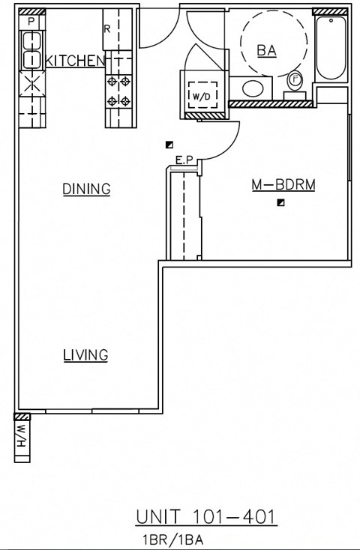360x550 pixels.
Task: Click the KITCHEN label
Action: pos(73,61)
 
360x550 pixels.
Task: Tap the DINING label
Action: pos(86,190)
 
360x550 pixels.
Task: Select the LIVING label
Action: pos(85,355)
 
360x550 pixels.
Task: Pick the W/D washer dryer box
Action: pos(200,96)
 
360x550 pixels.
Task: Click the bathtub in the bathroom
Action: pos(330,48)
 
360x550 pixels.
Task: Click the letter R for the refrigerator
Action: pos(107,29)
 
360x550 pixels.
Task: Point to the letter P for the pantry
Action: pos(30,22)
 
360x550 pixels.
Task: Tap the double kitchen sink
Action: pos(31,58)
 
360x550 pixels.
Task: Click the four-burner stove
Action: pos(119,91)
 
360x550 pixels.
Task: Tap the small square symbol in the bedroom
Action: pos(280,202)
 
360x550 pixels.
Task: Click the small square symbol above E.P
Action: pos(170,145)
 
